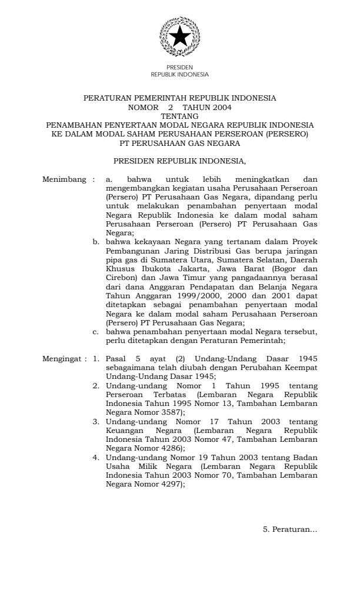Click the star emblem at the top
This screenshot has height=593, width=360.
point(180,38)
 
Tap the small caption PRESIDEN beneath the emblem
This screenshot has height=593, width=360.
point(180,68)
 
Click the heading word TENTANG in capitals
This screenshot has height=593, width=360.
point(180,116)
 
